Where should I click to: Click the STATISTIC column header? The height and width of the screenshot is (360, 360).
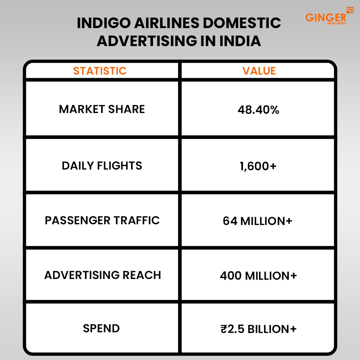(100, 71)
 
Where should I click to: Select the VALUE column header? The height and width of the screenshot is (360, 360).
(259, 71)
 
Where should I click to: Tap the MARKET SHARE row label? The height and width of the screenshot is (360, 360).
(102, 109)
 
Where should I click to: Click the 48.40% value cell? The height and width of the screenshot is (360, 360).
(258, 110)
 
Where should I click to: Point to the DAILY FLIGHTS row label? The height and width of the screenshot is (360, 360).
(102, 166)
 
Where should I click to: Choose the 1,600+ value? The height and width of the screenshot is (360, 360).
(258, 166)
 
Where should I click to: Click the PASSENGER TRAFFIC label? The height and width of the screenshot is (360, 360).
(102, 220)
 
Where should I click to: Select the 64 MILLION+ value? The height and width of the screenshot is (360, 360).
(257, 221)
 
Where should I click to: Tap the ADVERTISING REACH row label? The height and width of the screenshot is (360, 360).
(103, 275)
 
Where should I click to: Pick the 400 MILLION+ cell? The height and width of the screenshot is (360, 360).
(258, 276)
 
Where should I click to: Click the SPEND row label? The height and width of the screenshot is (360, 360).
(101, 328)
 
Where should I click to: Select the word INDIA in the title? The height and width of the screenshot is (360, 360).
(240, 41)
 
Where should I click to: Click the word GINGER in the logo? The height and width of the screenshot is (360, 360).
(325, 17)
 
